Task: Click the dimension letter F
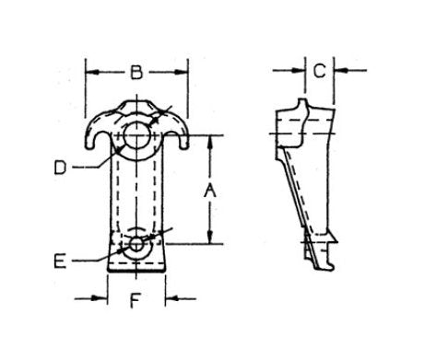(x=135, y=298)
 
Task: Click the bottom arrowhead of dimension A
(x=211, y=237)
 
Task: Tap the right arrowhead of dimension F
(x=172, y=298)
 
